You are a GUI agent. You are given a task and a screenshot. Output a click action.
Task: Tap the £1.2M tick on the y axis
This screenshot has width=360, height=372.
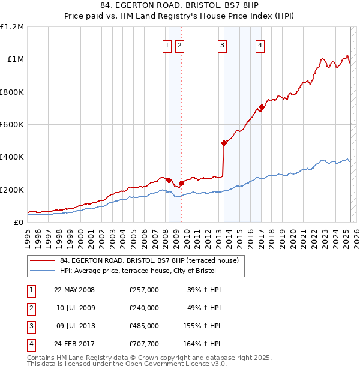click(x=12, y=27)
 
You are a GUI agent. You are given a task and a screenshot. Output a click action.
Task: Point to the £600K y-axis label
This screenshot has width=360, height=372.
click(x=12, y=125)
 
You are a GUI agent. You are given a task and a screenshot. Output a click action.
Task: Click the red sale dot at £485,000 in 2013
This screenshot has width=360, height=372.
click(x=224, y=143)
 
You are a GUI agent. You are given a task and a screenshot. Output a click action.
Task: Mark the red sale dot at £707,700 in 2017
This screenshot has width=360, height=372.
click(x=262, y=107)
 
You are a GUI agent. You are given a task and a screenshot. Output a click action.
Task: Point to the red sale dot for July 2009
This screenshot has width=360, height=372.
click(x=181, y=183)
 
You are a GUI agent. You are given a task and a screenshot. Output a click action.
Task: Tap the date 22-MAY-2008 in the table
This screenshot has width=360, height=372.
click(x=74, y=290)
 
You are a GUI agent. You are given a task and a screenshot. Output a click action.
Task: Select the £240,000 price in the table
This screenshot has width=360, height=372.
click(x=144, y=308)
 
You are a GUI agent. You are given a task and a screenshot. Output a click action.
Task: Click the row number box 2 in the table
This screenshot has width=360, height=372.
click(x=31, y=308)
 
